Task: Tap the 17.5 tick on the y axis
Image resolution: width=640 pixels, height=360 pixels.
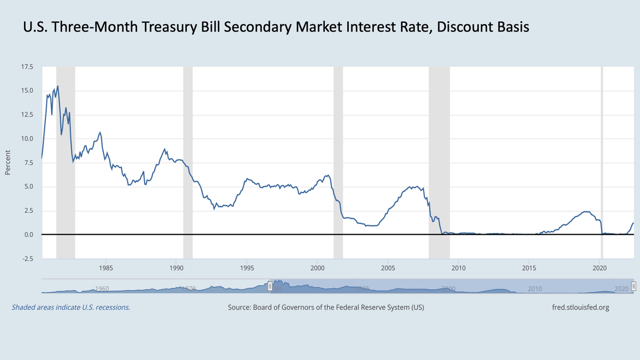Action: [x=26, y=67]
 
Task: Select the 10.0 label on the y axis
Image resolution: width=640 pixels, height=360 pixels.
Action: [x=26, y=139]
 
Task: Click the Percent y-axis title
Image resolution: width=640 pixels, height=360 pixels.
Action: [x=7, y=163]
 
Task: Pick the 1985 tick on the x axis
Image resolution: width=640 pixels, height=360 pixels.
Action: [x=106, y=268]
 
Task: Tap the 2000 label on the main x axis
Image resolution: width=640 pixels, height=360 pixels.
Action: [x=317, y=268]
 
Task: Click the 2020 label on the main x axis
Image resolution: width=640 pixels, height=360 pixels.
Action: [x=600, y=268]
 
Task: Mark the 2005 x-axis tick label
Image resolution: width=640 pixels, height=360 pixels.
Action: [x=388, y=268]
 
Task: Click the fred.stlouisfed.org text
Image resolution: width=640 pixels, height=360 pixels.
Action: [x=580, y=307]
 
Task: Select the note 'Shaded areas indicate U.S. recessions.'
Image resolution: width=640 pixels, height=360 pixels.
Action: [x=71, y=307]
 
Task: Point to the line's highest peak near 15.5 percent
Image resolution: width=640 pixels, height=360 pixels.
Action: [x=58, y=86]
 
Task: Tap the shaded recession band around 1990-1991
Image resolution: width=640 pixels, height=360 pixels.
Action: [x=188, y=160]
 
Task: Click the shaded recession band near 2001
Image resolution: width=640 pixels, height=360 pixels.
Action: [x=338, y=160]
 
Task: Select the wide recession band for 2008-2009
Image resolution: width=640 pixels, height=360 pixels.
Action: [x=439, y=160]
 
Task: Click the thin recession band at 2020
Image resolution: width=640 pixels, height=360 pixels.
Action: [x=602, y=160]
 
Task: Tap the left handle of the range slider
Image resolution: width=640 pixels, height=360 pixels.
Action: [x=270, y=286]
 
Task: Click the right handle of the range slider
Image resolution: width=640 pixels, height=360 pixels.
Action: [x=634, y=286]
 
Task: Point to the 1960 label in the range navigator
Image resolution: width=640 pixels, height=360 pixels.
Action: [x=101, y=289]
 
